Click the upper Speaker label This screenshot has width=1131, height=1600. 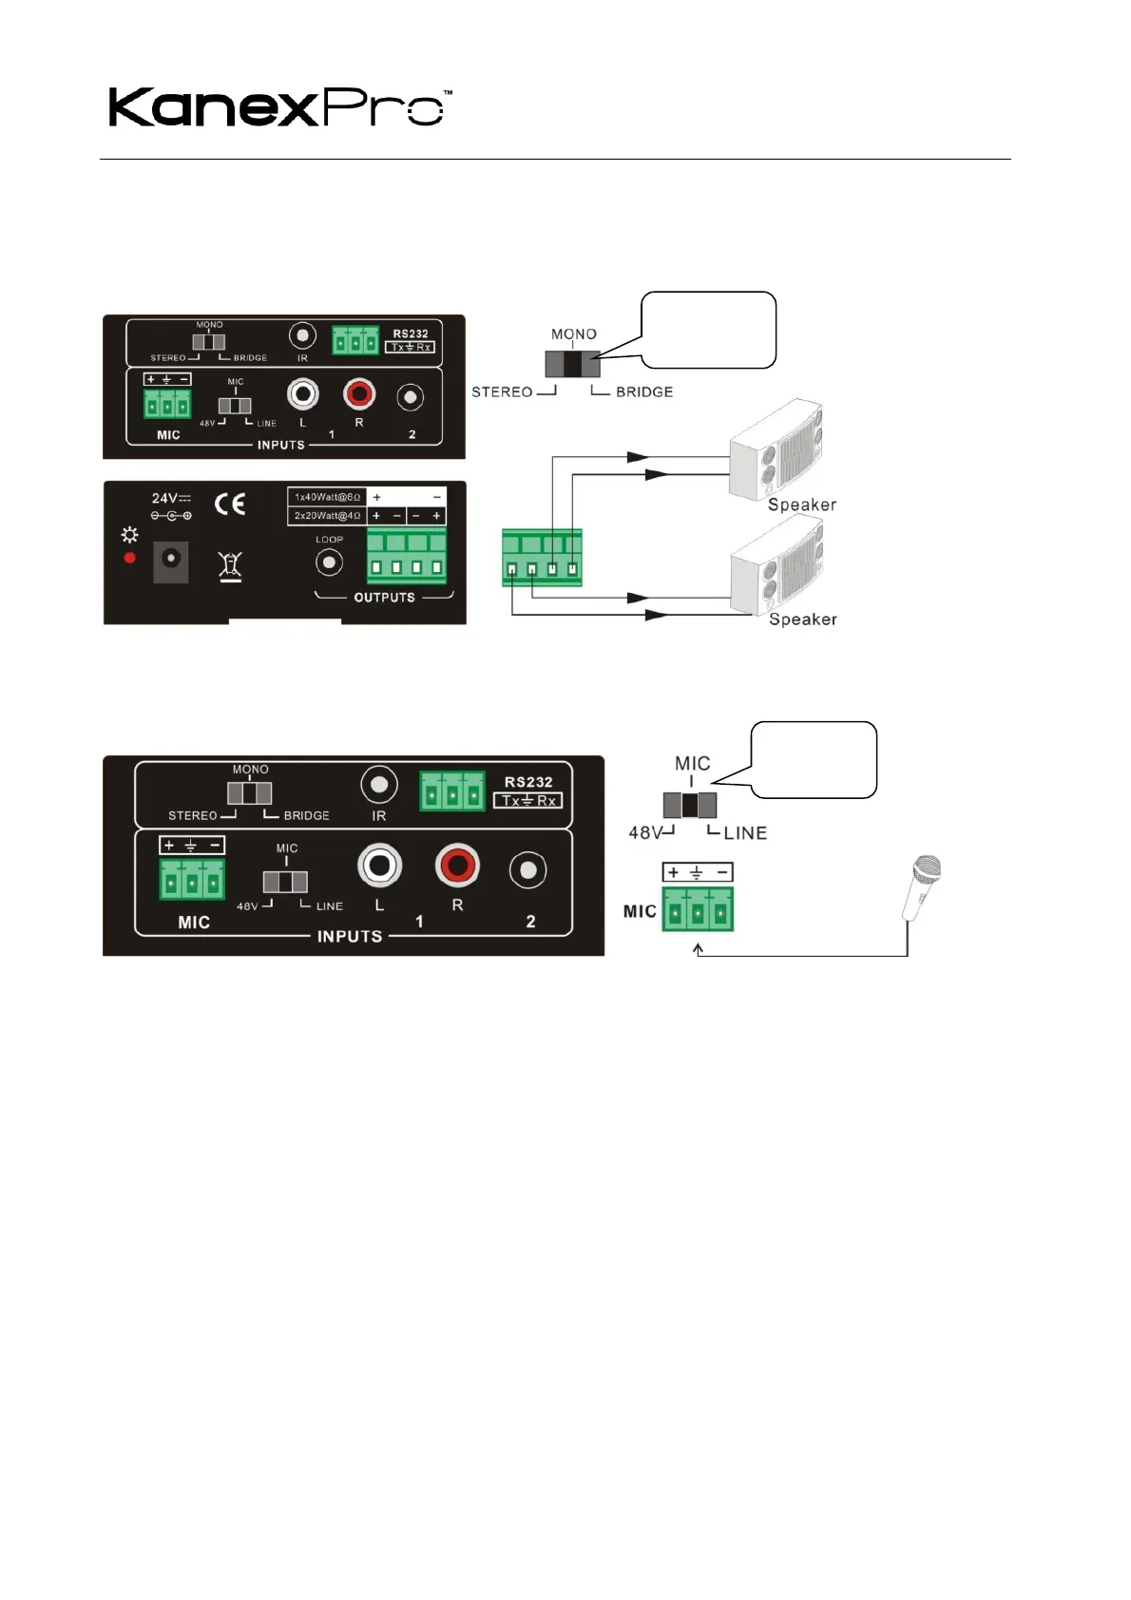(802, 505)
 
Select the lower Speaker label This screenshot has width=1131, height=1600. (802, 619)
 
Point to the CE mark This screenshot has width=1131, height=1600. (230, 504)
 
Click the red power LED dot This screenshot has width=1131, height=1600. (130, 558)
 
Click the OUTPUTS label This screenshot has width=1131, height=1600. (384, 598)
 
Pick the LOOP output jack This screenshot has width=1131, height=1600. (329, 562)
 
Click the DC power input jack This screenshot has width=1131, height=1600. (171, 562)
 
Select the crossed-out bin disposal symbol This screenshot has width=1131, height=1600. (230, 565)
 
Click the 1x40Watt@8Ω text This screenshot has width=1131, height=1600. (327, 497)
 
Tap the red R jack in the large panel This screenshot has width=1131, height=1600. (457, 866)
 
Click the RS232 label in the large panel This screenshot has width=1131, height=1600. (528, 782)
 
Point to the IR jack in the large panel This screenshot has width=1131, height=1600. (379, 786)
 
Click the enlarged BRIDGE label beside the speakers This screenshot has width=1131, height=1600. (644, 391)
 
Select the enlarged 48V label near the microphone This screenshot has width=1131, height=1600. (646, 832)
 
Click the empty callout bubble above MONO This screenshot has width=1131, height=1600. (709, 329)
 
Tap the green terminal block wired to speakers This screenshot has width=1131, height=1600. (542, 558)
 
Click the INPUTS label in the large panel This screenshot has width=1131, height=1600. (350, 936)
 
